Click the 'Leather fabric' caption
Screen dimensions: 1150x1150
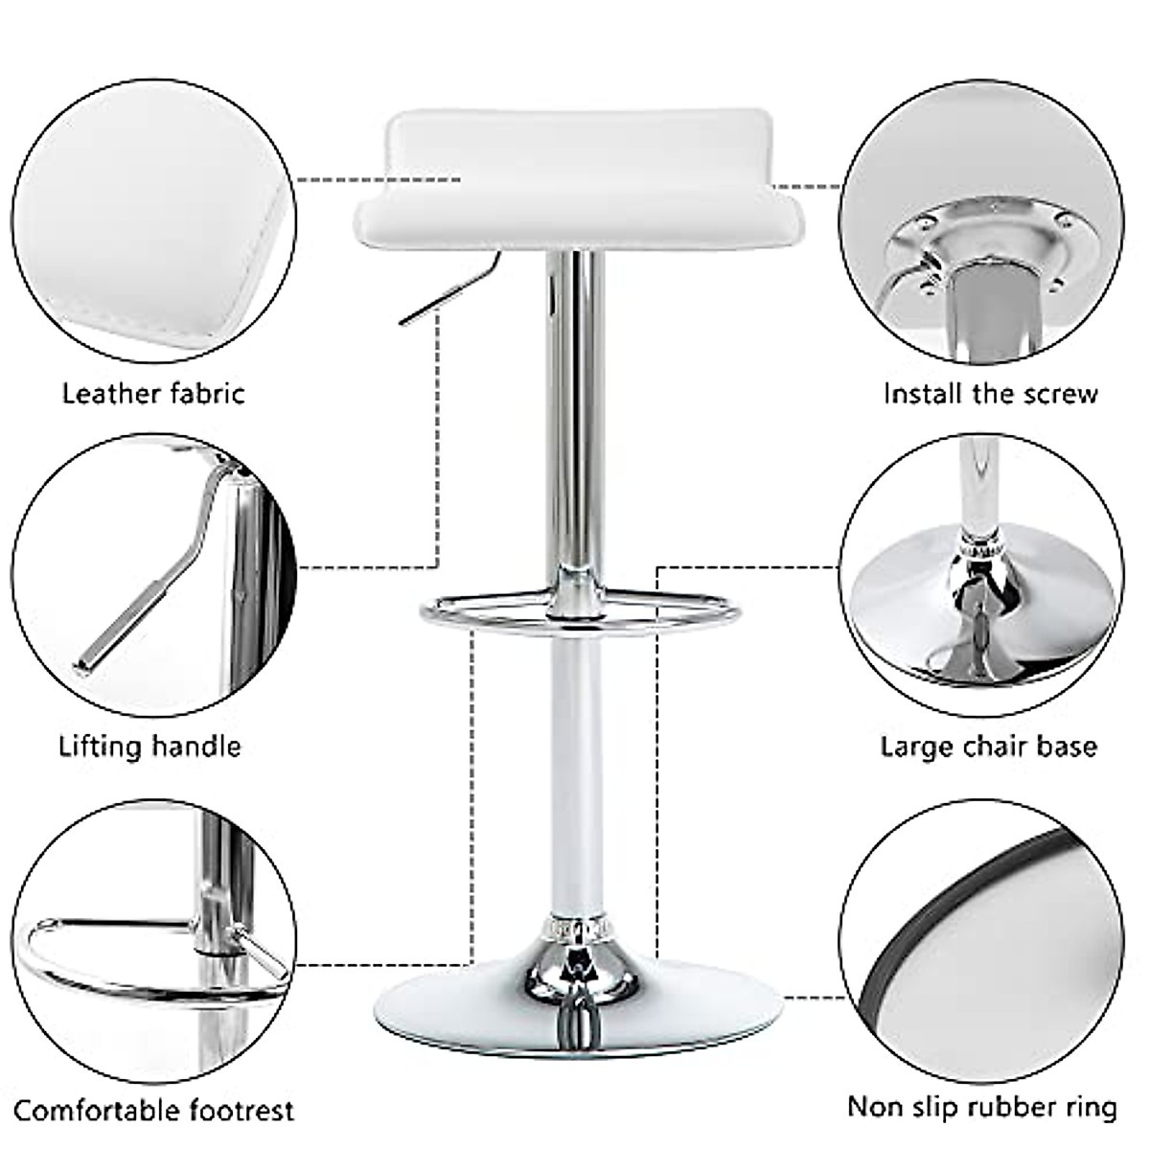tap(153, 393)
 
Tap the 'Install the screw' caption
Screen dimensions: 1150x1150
tap(990, 393)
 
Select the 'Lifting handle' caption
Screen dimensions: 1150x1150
tap(150, 746)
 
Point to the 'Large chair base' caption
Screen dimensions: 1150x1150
tap(989, 746)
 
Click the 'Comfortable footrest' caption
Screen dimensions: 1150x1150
tap(153, 1112)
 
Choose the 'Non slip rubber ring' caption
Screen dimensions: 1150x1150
tap(982, 1108)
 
